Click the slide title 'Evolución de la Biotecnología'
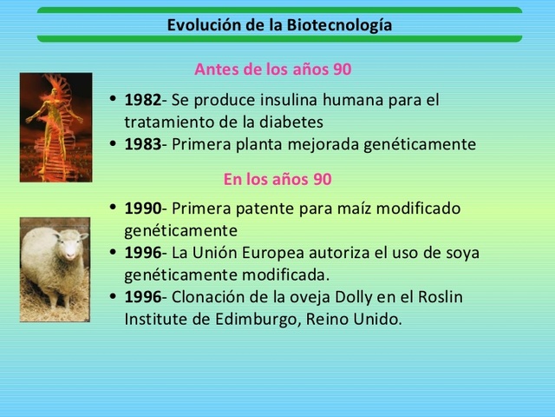pyautogui.click(x=279, y=25)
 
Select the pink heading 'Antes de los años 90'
pyautogui.click(x=272, y=69)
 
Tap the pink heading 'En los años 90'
pyautogui.click(x=277, y=180)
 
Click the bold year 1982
pyautogui.click(x=142, y=100)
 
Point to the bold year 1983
pyautogui.click(x=142, y=144)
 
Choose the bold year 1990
pyautogui.click(x=142, y=208)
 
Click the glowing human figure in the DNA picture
pyautogui.click(x=55, y=117)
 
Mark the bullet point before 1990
pyautogui.click(x=114, y=208)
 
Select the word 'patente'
pyautogui.click(x=274, y=208)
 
